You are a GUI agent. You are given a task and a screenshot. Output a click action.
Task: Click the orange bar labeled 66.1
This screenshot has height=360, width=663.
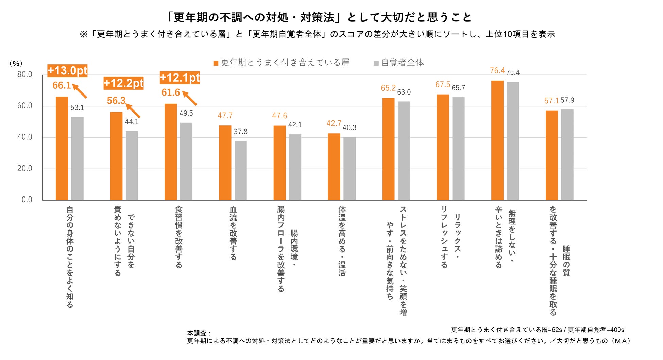tap(62, 148)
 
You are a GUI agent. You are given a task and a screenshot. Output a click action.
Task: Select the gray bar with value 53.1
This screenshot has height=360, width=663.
tap(77, 158)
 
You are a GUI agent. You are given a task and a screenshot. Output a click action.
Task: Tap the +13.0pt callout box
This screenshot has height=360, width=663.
tap(67, 71)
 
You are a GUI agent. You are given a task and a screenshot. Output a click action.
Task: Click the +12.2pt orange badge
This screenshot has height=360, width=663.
tap(123, 83)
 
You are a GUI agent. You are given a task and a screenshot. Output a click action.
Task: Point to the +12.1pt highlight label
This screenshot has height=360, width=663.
tap(180, 78)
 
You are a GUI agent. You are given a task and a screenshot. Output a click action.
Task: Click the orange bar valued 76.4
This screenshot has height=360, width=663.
tap(497, 140)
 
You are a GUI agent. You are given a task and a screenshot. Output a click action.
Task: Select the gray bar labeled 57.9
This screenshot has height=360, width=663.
tap(567, 155)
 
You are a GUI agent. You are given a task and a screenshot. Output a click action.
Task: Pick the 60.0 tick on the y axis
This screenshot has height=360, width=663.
tap(25, 106)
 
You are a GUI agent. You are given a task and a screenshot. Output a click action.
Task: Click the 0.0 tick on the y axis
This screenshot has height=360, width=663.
tap(27, 200)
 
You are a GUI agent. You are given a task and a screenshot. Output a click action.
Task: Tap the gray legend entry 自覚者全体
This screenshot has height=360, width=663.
tap(399, 63)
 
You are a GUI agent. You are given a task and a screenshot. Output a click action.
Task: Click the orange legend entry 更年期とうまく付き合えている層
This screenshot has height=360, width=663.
tap(282, 63)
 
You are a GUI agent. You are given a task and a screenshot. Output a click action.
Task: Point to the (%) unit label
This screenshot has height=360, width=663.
tap(16, 64)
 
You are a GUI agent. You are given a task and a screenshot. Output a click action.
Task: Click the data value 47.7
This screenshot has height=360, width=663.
tap(225, 116)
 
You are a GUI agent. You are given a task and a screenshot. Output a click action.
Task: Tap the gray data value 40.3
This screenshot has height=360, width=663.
tap(350, 128)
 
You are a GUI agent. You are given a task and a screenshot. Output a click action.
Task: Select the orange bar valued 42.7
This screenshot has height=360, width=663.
tap(334, 167)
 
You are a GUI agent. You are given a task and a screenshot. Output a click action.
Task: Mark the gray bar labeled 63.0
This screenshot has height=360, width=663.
tap(404, 151)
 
